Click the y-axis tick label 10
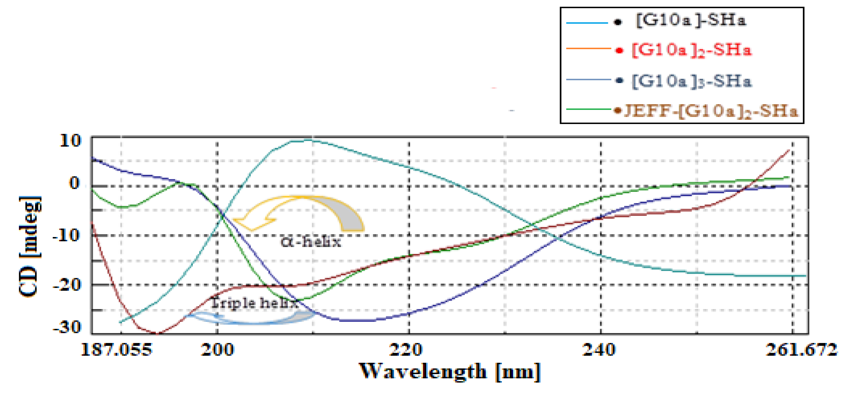click(70, 141)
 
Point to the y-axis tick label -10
click(66, 235)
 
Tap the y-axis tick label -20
click(66, 284)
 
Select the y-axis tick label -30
click(66, 327)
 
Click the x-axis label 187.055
click(116, 350)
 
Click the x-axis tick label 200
click(217, 350)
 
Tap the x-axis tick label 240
click(599, 350)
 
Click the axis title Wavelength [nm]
click(450, 372)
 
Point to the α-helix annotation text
click(311, 242)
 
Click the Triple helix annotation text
click(255, 303)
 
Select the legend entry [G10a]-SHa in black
click(690, 20)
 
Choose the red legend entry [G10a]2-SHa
click(691, 50)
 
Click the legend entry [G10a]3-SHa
click(691, 81)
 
